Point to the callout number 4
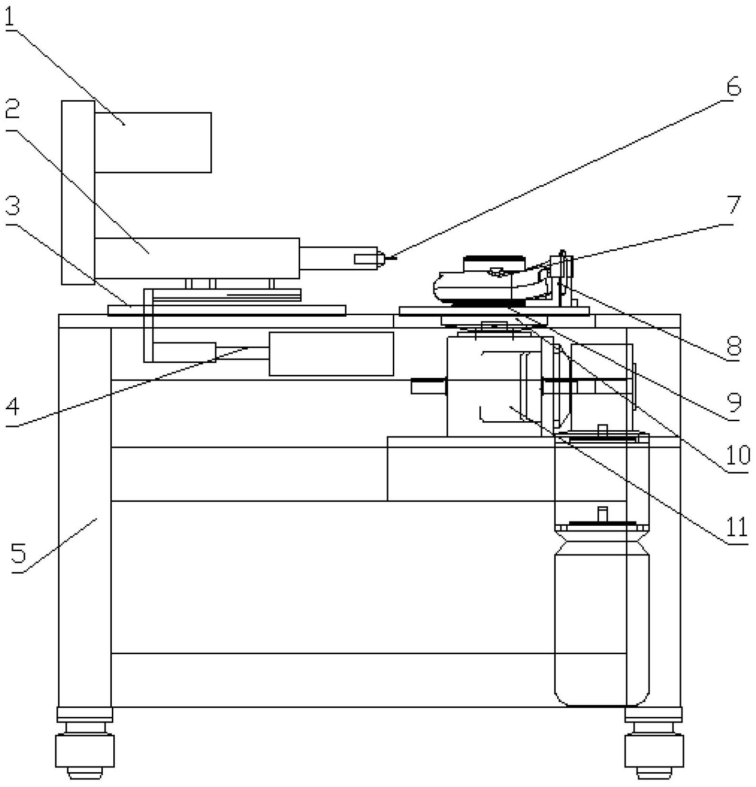coord(12,407)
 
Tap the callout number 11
coord(736,527)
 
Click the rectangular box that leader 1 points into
coord(153,142)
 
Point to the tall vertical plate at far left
coord(78,192)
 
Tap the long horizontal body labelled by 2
coord(197,258)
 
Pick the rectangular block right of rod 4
coord(331,353)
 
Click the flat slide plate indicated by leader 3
coord(227,310)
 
